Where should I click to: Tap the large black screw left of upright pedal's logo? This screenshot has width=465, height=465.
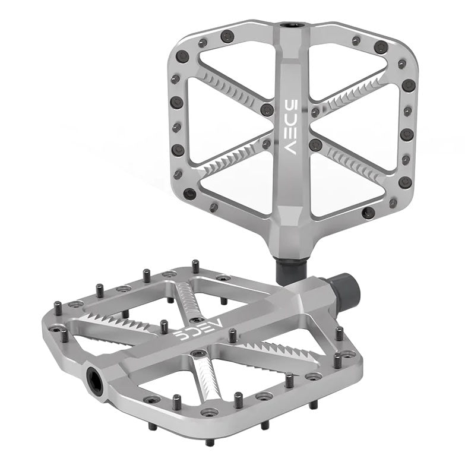point(267,110)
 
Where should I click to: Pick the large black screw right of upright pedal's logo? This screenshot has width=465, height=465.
point(316,144)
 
